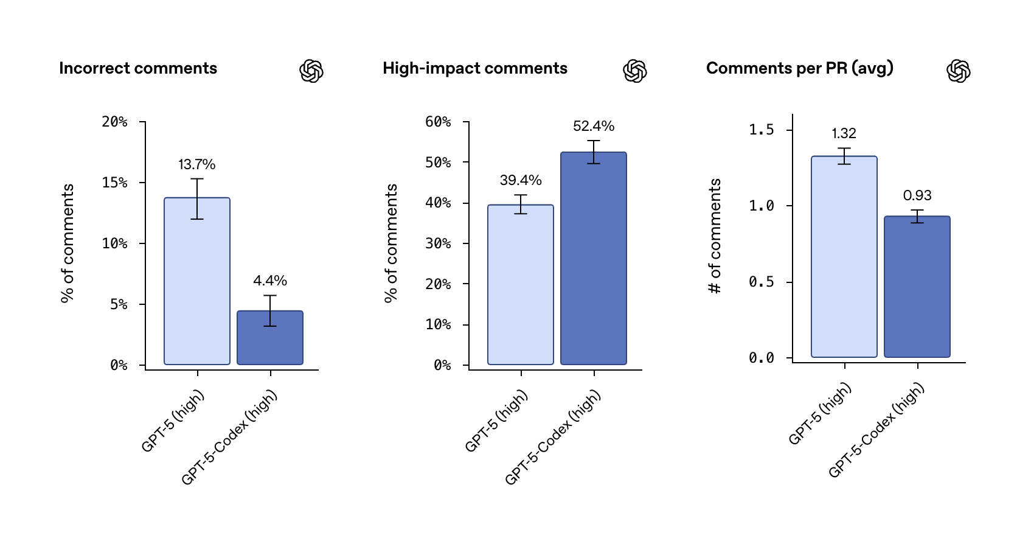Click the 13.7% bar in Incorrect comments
tap(196, 286)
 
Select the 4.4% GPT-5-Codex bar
tap(269, 341)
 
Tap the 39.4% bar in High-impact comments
tap(520, 286)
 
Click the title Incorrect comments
tap(138, 68)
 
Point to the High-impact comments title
tap(475, 68)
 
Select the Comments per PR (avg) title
tap(800, 68)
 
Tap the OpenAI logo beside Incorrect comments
tap(311, 71)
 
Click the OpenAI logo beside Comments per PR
tap(959, 71)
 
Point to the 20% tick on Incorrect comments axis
tap(115, 122)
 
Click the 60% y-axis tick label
tap(438, 122)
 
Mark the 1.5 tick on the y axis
tap(762, 130)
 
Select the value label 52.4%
tap(594, 126)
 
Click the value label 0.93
tap(917, 195)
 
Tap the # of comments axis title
tap(715, 236)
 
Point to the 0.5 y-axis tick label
tap(762, 282)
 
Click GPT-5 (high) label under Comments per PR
tap(820, 414)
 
